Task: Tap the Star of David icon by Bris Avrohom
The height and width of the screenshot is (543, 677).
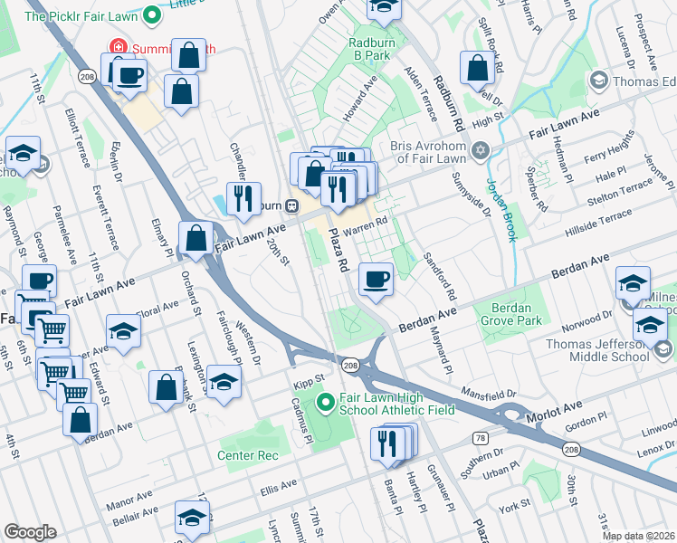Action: click(482, 148)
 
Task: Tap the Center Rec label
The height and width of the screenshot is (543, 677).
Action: click(247, 455)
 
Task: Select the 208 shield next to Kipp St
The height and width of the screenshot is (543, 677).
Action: click(351, 365)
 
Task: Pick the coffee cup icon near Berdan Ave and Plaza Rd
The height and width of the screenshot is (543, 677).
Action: click(376, 278)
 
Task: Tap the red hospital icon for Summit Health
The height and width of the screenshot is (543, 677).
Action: click(116, 47)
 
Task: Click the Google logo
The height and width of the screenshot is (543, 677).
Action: click(30, 532)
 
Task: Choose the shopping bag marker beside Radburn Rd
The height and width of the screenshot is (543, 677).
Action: click(477, 68)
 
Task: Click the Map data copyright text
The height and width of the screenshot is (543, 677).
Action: click(637, 536)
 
